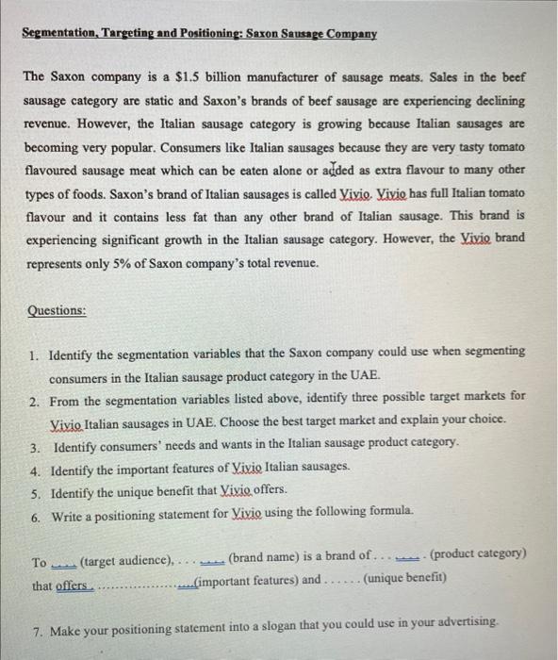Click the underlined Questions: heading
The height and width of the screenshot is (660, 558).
click(57, 310)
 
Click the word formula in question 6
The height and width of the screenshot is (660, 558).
click(387, 512)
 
